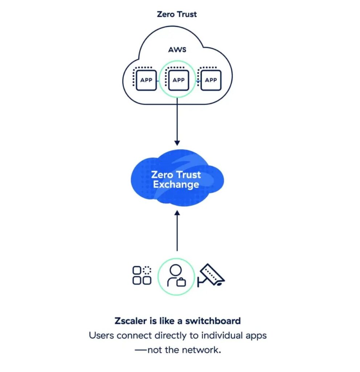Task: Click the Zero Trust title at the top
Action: (177, 15)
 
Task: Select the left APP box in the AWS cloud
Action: (146, 80)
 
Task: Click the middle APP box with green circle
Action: (178, 80)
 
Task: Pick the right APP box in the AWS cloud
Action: (210, 80)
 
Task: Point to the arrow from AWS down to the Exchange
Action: (177, 120)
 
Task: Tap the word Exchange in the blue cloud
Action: (176, 185)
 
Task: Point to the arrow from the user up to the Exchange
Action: (177, 232)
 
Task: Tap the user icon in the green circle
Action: (176, 276)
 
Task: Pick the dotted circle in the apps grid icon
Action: (147, 270)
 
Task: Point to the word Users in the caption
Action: (101, 335)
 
